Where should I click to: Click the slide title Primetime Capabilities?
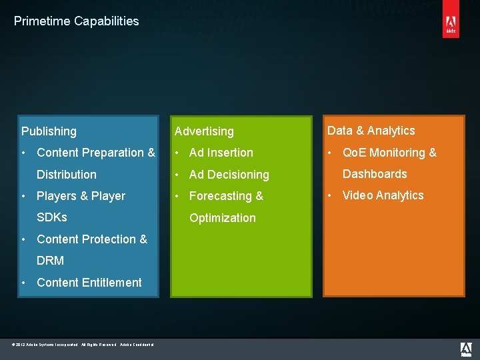point(76,21)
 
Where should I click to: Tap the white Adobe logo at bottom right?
point(467,349)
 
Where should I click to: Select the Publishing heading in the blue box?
point(49,131)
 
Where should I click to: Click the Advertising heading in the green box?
point(204,131)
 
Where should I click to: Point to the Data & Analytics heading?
point(371,131)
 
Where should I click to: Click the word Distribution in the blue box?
point(67,175)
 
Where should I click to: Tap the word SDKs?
point(52,217)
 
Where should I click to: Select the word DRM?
point(51,261)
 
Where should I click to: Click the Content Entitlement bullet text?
point(89,283)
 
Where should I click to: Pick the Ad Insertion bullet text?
point(221,153)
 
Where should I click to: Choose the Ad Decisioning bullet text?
point(229,175)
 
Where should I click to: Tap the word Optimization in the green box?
point(223,218)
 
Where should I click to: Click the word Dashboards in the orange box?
point(375,174)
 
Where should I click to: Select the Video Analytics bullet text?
point(383,195)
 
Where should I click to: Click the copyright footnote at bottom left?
point(83,345)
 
